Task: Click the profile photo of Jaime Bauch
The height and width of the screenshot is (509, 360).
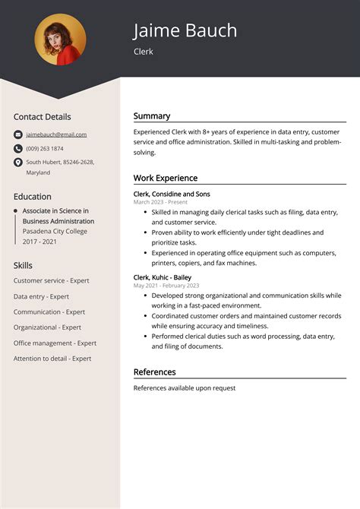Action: pos(60,40)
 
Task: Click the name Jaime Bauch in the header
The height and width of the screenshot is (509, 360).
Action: pos(185,30)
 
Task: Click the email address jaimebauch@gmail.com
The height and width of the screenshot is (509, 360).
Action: pos(56,134)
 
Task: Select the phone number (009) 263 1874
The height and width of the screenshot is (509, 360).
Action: pos(45,148)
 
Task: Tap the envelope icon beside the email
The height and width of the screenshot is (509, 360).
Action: pos(18,134)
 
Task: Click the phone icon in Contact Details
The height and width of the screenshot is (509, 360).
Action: pos(18,148)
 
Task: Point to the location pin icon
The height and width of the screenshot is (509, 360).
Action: pos(18,163)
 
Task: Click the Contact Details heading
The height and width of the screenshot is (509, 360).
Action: pos(42,117)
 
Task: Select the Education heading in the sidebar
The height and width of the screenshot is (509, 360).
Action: pos(33,196)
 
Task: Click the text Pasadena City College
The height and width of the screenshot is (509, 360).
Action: pos(55,231)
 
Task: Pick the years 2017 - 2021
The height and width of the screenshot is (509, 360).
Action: pos(39,241)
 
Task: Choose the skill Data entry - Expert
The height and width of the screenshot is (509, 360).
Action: pos(41,296)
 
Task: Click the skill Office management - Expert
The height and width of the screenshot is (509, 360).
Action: pos(55,343)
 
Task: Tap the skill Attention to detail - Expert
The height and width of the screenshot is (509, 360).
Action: pos(52,359)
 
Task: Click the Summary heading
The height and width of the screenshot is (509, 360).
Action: pos(152,116)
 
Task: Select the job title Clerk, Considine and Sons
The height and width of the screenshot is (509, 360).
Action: pos(172,194)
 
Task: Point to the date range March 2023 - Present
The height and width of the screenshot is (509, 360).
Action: pos(160,202)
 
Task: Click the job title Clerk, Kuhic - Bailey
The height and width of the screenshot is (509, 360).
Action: pos(162,277)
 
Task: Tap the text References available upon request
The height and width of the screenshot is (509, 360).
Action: pos(185,388)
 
